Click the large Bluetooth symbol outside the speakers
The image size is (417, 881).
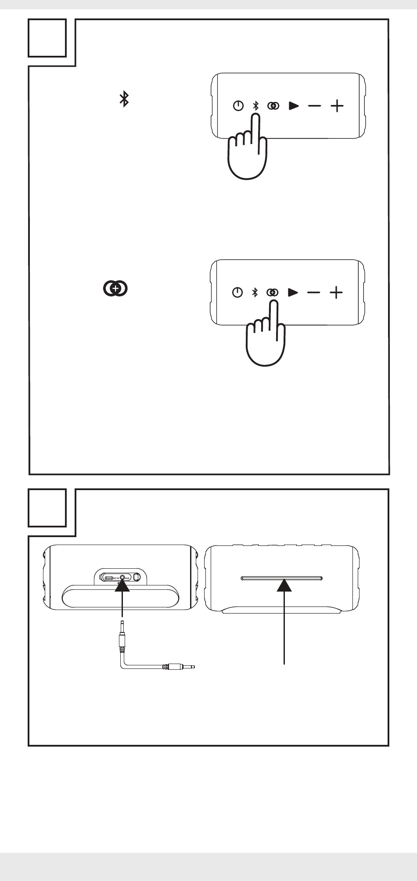(124, 100)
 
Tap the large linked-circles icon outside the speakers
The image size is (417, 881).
(115, 288)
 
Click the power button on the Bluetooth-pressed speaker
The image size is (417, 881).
(238, 106)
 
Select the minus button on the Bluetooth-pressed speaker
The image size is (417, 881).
(314, 106)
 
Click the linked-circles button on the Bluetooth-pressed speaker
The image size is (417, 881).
(273, 106)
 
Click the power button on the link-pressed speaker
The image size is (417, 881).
(237, 292)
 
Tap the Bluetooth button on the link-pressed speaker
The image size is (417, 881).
(255, 292)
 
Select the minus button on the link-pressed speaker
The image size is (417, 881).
(314, 292)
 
